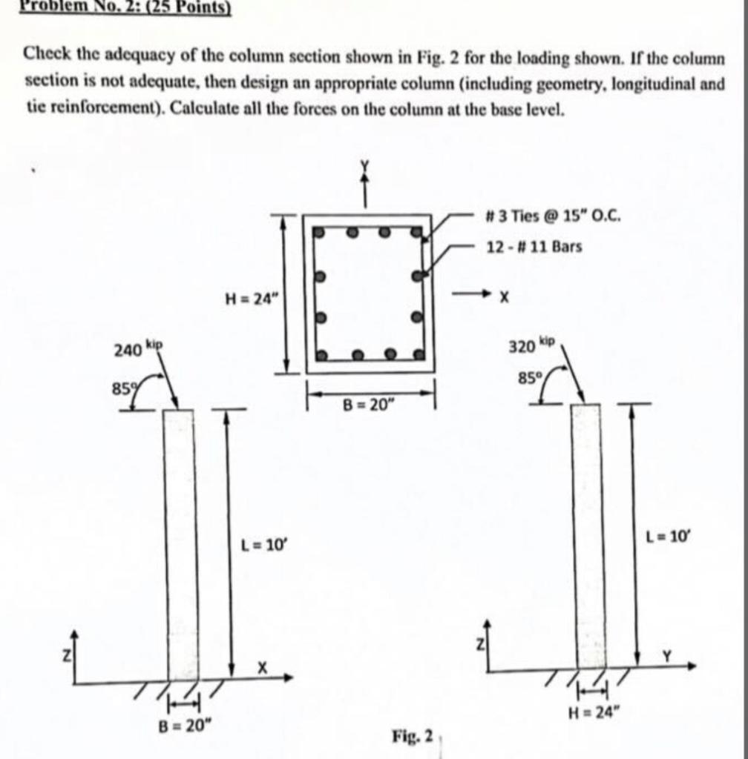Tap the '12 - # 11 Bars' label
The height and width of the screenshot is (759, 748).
(x=534, y=246)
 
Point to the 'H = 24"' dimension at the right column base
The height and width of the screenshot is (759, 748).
(x=591, y=713)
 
